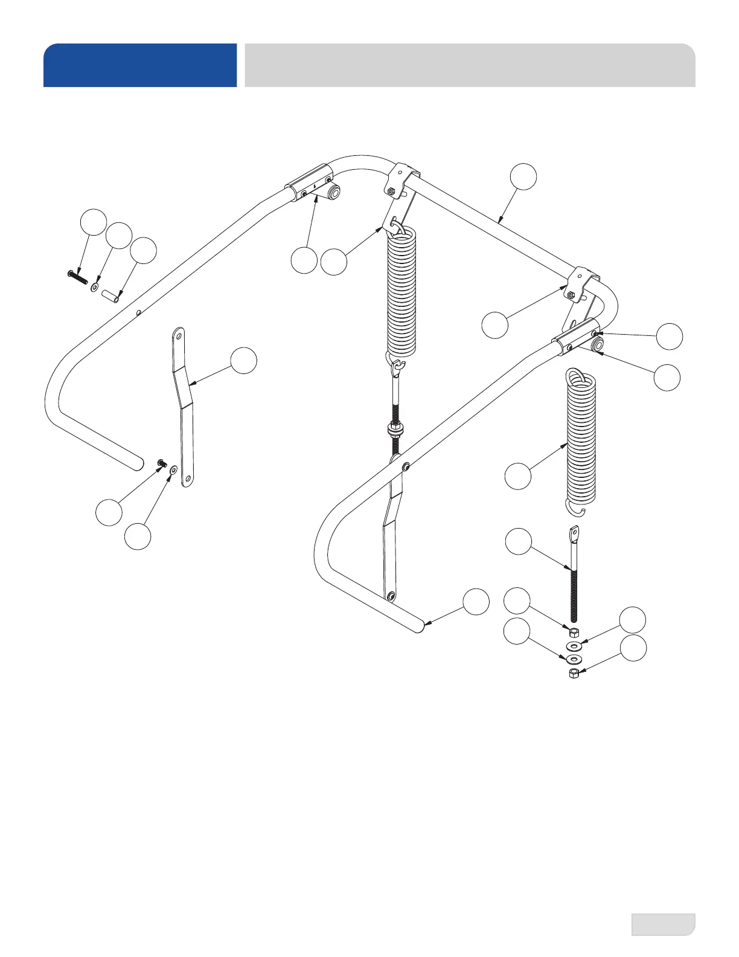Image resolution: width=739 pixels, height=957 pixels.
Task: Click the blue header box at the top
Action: click(x=139, y=65)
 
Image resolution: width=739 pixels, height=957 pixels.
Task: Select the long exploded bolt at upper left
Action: click(x=77, y=276)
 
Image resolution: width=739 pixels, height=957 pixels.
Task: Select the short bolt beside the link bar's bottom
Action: click(x=161, y=463)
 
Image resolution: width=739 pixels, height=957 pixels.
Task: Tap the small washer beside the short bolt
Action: click(x=174, y=468)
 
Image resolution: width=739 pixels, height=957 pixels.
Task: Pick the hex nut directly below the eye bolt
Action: click(x=574, y=632)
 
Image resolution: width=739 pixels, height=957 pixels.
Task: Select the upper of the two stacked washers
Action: click(x=574, y=646)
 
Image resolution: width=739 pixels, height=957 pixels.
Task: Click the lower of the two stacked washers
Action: click(x=574, y=657)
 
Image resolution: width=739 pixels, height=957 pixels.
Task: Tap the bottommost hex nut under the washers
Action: click(x=574, y=672)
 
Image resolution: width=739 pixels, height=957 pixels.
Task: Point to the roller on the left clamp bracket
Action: click(x=333, y=193)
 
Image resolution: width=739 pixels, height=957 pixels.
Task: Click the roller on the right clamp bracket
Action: click(x=597, y=344)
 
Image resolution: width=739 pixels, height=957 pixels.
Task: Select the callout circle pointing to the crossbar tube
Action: click(x=523, y=176)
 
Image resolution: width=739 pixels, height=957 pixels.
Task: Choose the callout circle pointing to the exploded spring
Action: click(x=518, y=476)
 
